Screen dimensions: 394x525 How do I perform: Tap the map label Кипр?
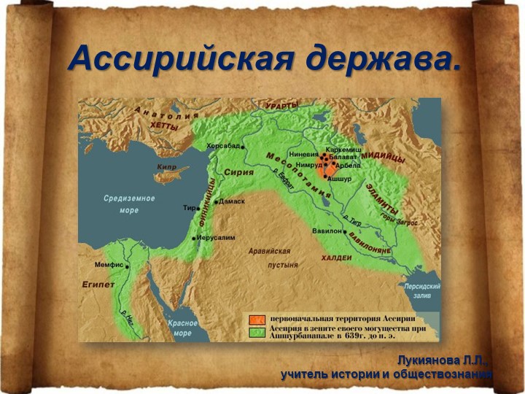click(166, 167)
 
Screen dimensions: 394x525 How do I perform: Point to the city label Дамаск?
click(232, 201)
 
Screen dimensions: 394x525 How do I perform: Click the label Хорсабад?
click(224, 145)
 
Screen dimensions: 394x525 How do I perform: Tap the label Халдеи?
click(336, 258)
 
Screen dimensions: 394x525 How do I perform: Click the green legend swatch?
click(256, 332)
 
